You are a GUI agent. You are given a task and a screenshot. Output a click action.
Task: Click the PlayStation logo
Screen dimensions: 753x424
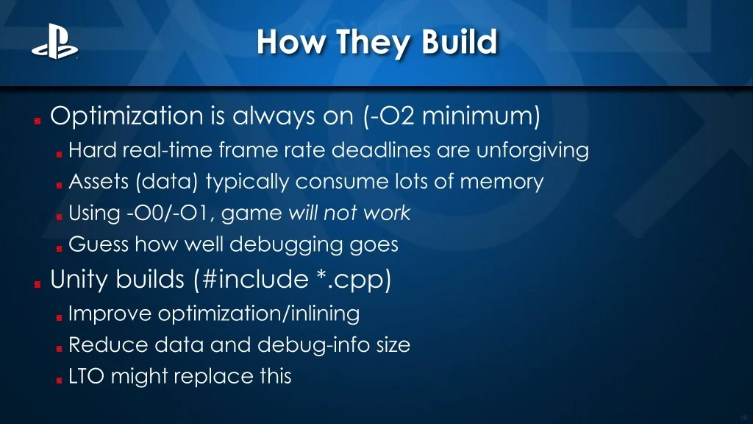(54, 42)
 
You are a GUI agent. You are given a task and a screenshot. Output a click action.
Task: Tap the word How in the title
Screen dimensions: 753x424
(290, 41)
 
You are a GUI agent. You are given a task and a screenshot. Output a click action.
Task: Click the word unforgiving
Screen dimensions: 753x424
(532, 151)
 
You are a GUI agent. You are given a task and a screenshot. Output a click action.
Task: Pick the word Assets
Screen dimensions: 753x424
(99, 182)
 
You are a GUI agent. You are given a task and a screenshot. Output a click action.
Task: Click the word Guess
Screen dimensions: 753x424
(99, 244)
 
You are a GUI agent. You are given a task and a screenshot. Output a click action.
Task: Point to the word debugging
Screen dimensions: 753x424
(286, 245)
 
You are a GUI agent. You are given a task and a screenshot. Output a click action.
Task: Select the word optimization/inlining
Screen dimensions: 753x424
(259, 314)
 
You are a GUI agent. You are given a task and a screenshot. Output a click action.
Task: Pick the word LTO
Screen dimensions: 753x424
(87, 376)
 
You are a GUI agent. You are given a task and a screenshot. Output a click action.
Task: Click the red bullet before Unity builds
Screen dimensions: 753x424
(38, 285)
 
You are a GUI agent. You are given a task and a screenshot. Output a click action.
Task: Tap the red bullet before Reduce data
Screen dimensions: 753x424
(59, 348)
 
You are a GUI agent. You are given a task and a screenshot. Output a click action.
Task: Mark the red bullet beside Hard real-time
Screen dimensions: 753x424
(59, 155)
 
